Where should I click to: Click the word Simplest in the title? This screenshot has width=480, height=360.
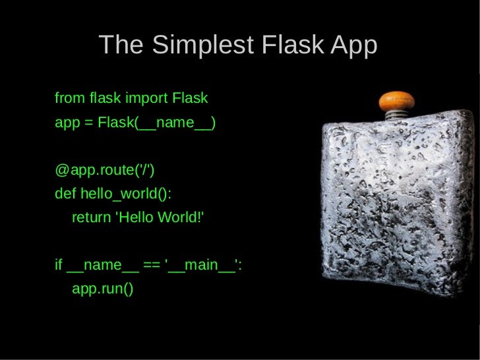coord(202,45)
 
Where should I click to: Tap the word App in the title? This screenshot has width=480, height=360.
coord(354,45)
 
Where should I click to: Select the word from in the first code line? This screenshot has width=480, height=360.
coord(69,99)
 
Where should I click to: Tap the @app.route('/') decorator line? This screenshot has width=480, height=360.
coord(104,171)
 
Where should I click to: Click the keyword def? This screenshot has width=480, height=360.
coord(65,195)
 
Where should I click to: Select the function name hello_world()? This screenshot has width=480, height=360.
coord(126,195)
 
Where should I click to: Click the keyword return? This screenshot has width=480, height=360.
coord(91,218)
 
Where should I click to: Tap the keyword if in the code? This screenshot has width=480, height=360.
coord(58,265)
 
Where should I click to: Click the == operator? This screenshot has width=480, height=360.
coord(152,265)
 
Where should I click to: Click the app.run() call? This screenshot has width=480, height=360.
coord(102,289)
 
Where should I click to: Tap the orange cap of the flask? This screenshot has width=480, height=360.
coord(396,101)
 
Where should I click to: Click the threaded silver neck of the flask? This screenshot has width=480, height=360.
coord(396,115)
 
